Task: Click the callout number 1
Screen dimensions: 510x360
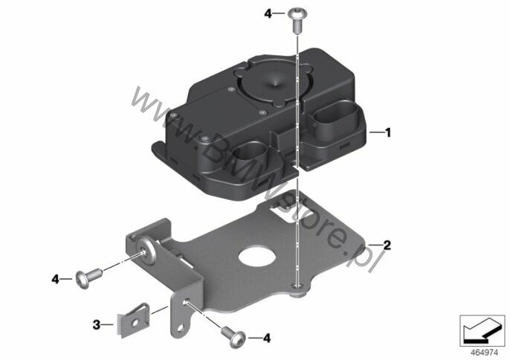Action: (387, 132)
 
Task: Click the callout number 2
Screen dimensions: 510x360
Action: (387, 245)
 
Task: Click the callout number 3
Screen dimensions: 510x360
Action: (97, 324)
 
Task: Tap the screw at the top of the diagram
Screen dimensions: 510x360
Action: (297, 21)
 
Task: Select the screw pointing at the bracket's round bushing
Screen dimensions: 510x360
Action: (88, 277)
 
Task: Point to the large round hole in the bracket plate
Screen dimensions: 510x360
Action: (257, 257)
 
